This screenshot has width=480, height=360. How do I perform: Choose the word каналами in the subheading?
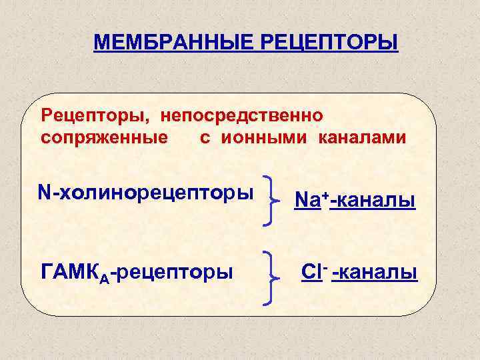(x=361, y=138)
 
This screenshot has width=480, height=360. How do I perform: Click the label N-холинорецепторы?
(x=146, y=193)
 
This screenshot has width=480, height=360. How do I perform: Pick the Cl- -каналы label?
(x=359, y=273)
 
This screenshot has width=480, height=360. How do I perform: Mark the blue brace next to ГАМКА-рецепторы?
(x=271, y=277)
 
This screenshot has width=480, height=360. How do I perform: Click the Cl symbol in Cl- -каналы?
(x=310, y=273)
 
